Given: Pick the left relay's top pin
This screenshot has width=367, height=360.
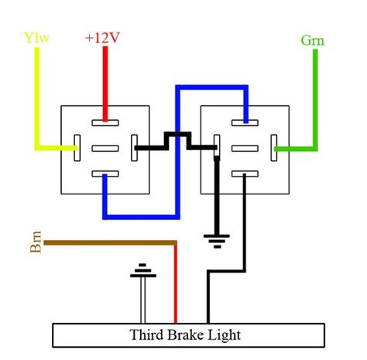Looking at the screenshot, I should [105, 121].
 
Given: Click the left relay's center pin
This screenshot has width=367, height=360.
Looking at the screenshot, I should [105, 147].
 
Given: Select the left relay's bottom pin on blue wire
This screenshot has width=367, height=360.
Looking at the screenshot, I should [105, 175].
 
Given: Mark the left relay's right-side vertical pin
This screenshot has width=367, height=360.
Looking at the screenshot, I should [134, 147].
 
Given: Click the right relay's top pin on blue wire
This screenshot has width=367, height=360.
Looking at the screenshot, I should [245, 121].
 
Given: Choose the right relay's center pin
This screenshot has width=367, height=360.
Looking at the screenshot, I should [245, 147].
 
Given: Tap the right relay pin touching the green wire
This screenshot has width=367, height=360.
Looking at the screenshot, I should [274, 147].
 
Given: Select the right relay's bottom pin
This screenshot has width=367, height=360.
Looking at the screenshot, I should [245, 175].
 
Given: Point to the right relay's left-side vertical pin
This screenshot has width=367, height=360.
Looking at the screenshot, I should [217, 147].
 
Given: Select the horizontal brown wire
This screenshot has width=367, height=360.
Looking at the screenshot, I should [108, 244].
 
